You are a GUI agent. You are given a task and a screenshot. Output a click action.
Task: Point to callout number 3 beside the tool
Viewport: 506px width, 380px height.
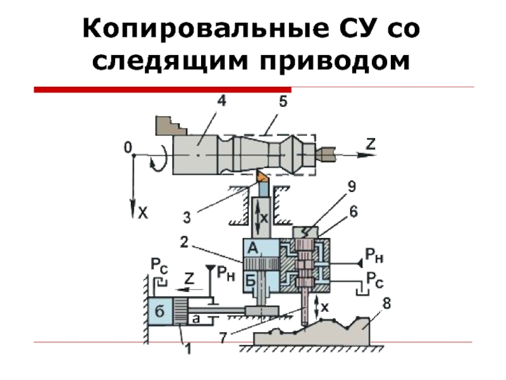point(187,218)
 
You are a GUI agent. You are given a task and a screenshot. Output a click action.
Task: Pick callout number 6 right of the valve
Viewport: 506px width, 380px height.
point(353,214)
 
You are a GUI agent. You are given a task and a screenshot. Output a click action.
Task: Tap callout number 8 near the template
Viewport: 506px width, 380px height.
point(386,305)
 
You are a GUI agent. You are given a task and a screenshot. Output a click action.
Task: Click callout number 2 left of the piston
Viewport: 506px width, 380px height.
point(183,241)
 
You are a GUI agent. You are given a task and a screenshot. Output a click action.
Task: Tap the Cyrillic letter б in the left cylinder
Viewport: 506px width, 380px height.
point(160,311)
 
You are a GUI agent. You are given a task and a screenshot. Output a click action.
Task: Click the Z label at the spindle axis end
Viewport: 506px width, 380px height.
point(370,144)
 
